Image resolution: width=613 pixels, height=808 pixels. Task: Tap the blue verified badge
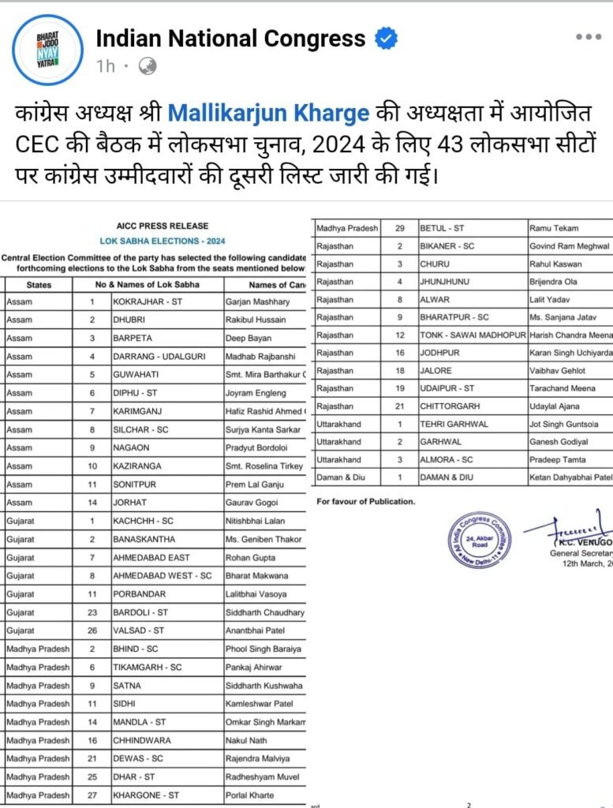[x=385, y=38]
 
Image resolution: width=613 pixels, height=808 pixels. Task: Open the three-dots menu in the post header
[x=589, y=37]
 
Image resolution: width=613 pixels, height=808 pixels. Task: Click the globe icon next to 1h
[x=147, y=66]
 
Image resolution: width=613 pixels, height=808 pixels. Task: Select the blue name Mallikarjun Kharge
[x=269, y=113]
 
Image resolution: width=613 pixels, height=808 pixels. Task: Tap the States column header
[x=39, y=284]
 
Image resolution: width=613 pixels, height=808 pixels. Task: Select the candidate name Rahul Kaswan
[x=561, y=264]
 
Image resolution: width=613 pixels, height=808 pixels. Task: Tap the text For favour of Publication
[x=365, y=501]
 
